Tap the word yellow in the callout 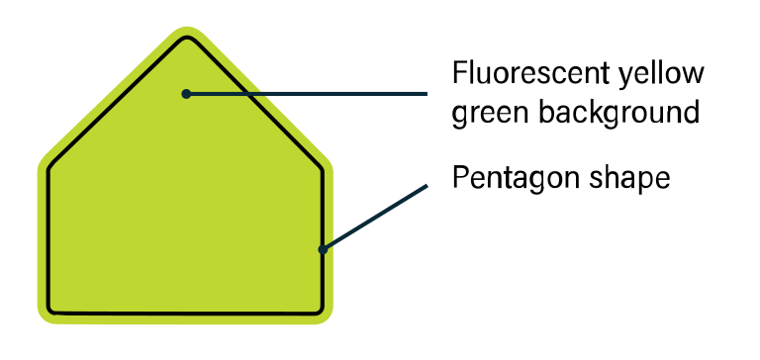[662, 74]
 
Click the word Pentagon [508, 178]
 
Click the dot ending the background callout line [185, 94]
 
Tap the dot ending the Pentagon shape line [323, 249]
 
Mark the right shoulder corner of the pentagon [323, 167]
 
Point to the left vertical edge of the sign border [47, 237]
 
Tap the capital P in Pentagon [459, 178]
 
